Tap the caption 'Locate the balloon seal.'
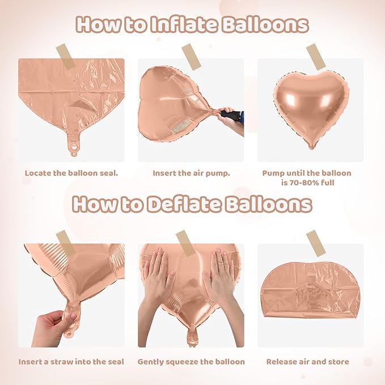pos(71,173)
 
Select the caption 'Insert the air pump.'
pos(191,173)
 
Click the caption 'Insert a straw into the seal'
pos(71,361)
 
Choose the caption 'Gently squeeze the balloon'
pos(192,361)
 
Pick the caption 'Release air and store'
pos(308,361)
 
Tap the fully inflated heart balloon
pos(311,105)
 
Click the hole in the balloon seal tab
pos(72,151)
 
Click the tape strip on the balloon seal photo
pos(66,57)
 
